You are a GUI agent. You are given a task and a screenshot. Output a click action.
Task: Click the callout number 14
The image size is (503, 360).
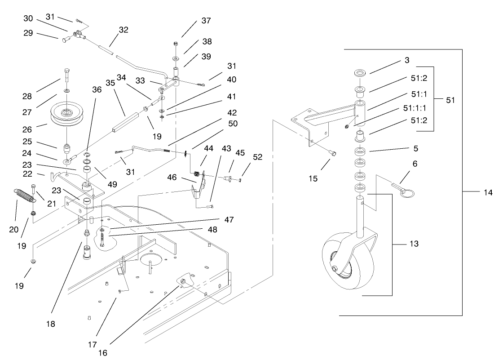tap(488, 192)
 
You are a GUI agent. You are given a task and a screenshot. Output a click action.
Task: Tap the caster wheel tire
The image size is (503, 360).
tap(346, 265)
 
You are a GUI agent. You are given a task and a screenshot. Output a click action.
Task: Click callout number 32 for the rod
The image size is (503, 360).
tap(124, 30)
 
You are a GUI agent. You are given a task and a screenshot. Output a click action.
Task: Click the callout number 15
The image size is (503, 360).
tap(313, 179)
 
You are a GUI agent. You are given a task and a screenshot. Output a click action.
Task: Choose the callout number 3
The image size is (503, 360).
tap(406, 60)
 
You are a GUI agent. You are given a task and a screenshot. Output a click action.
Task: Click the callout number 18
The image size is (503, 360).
tap(51, 324)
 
